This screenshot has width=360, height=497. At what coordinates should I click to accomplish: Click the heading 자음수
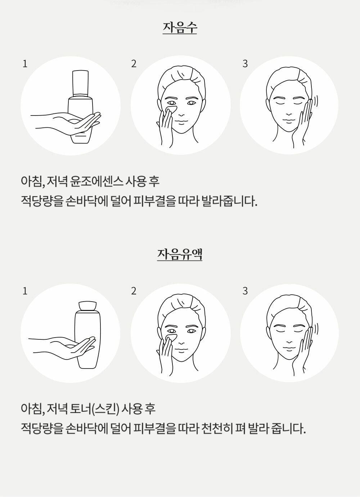pyautogui.click(x=180, y=28)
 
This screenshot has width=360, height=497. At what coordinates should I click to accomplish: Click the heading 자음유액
pyautogui.click(x=180, y=254)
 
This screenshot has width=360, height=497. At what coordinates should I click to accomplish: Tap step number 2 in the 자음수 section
pyautogui.click(x=134, y=64)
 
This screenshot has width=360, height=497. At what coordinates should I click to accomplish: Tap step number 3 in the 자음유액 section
pyautogui.click(x=245, y=291)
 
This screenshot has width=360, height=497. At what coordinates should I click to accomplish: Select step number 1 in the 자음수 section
pyautogui.click(x=25, y=64)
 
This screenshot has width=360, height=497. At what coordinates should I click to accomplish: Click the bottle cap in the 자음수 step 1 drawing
pyautogui.click(x=80, y=83)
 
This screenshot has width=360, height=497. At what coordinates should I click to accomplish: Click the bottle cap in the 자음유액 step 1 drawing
pyautogui.click(x=88, y=306)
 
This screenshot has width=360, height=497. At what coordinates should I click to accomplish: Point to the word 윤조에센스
pyautogui.click(x=96, y=181)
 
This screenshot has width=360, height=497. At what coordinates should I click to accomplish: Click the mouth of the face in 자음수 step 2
pyautogui.click(x=181, y=123)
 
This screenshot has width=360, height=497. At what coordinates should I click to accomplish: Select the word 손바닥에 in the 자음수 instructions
pyautogui.click(x=87, y=202)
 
